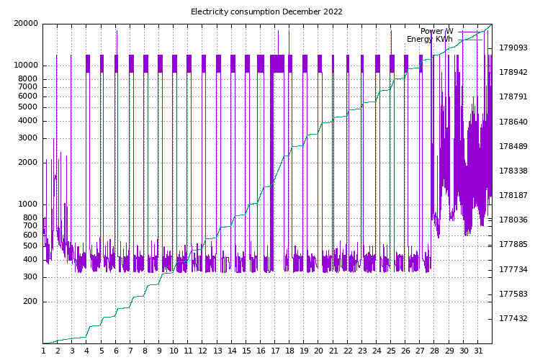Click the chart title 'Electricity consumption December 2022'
click(266, 12)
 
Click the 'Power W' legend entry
click(436, 31)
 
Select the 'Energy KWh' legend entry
click(430, 39)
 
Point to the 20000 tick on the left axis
click(26, 23)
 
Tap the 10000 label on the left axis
click(26, 65)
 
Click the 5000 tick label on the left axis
click(28, 107)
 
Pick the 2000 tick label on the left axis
click(28, 162)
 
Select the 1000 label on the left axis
click(28, 204)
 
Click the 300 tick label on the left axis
click(30, 277)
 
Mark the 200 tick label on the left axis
click(30, 302)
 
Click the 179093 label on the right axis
click(513, 48)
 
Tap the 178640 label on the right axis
click(513, 122)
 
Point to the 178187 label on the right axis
click(513, 195)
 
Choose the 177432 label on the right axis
click(513, 318)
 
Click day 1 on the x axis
click(43, 351)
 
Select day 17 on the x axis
click(275, 351)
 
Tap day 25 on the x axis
click(391, 351)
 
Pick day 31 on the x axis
click(478, 351)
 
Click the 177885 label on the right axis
click(513, 244)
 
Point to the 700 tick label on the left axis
click(30, 225)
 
